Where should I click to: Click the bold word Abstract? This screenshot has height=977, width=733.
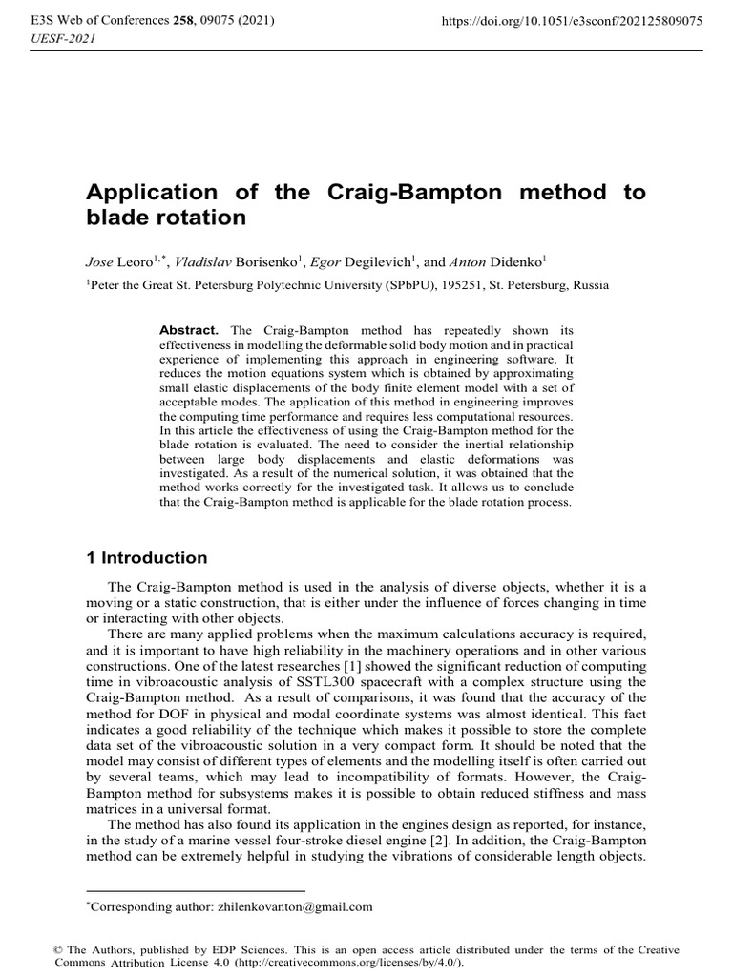click(189, 329)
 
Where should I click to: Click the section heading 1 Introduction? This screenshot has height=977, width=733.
click(147, 558)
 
